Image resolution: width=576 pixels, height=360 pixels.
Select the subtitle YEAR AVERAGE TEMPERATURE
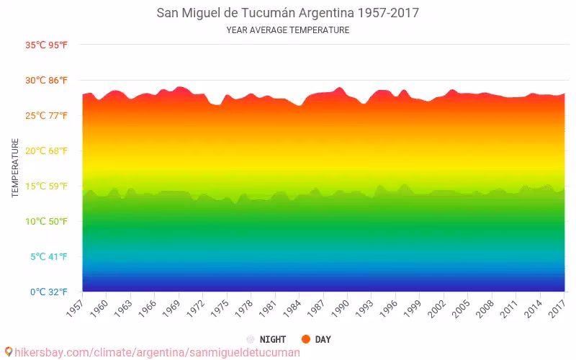coord(287,30)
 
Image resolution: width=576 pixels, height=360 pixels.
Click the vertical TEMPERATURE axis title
coord(15,168)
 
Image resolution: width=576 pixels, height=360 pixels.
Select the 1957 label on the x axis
coord(75,308)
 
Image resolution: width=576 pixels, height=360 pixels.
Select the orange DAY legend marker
coord(306,339)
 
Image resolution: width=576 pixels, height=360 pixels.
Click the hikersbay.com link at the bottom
coord(151,353)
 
